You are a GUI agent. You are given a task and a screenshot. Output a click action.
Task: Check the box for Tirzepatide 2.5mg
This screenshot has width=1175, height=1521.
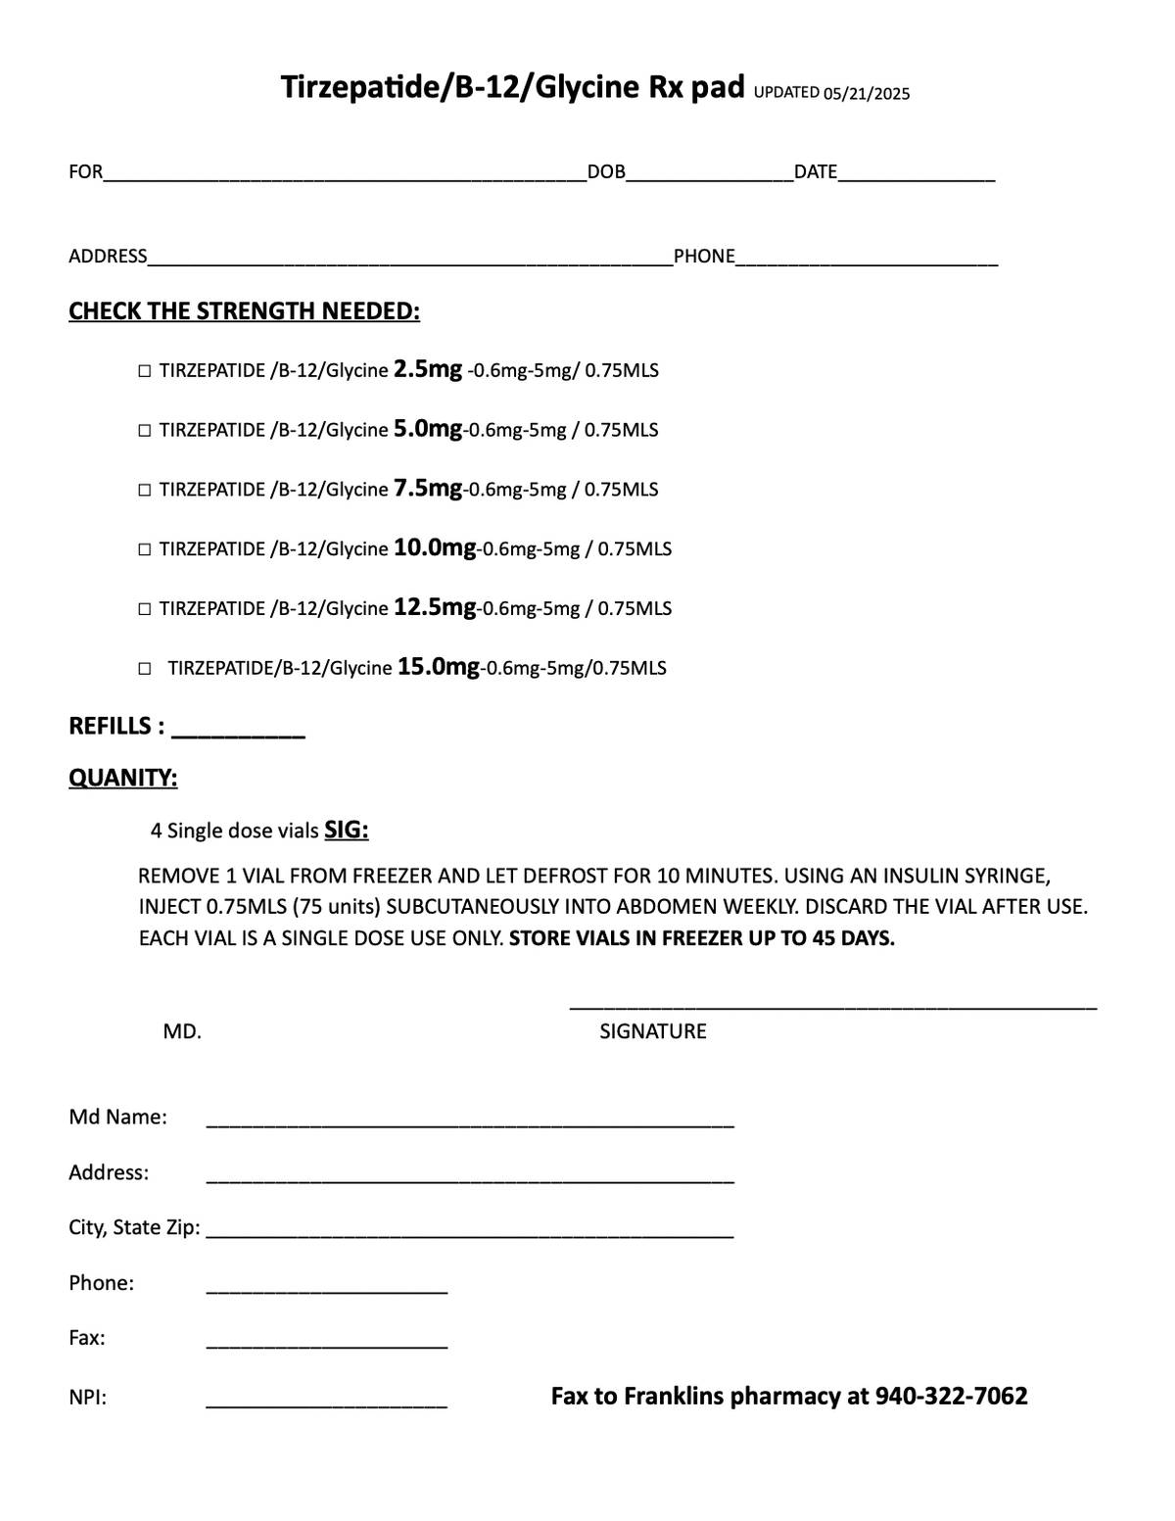(x=145, y=371)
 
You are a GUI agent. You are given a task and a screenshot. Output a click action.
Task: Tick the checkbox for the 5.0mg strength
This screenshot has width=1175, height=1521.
(x=145, y=431)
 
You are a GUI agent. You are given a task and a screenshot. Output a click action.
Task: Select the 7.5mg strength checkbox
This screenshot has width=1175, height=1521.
(x=145, y=490)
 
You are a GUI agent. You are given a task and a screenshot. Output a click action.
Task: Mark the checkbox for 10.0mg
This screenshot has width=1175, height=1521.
(x=145, y=549)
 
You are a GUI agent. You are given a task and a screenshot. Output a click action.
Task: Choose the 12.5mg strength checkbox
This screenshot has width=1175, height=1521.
(x=145, y=609)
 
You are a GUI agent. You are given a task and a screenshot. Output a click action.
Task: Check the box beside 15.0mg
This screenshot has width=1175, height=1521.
(x=145, y=669)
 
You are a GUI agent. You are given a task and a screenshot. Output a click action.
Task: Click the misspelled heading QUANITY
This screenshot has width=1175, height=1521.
(x=123, y=779)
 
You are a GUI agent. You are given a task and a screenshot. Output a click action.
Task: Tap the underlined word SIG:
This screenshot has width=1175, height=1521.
(x=347, y=831)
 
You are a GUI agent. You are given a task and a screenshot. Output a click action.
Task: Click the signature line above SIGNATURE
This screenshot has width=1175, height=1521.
(x=832, y=1004)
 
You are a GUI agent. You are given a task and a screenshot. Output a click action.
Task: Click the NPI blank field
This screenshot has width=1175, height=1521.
(x=326, y=1402)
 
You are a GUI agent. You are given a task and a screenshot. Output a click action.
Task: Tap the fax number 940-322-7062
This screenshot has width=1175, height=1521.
(x=951, y=1397)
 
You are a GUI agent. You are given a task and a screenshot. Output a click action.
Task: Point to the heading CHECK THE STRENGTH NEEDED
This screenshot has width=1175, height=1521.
(x=244, y=311)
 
